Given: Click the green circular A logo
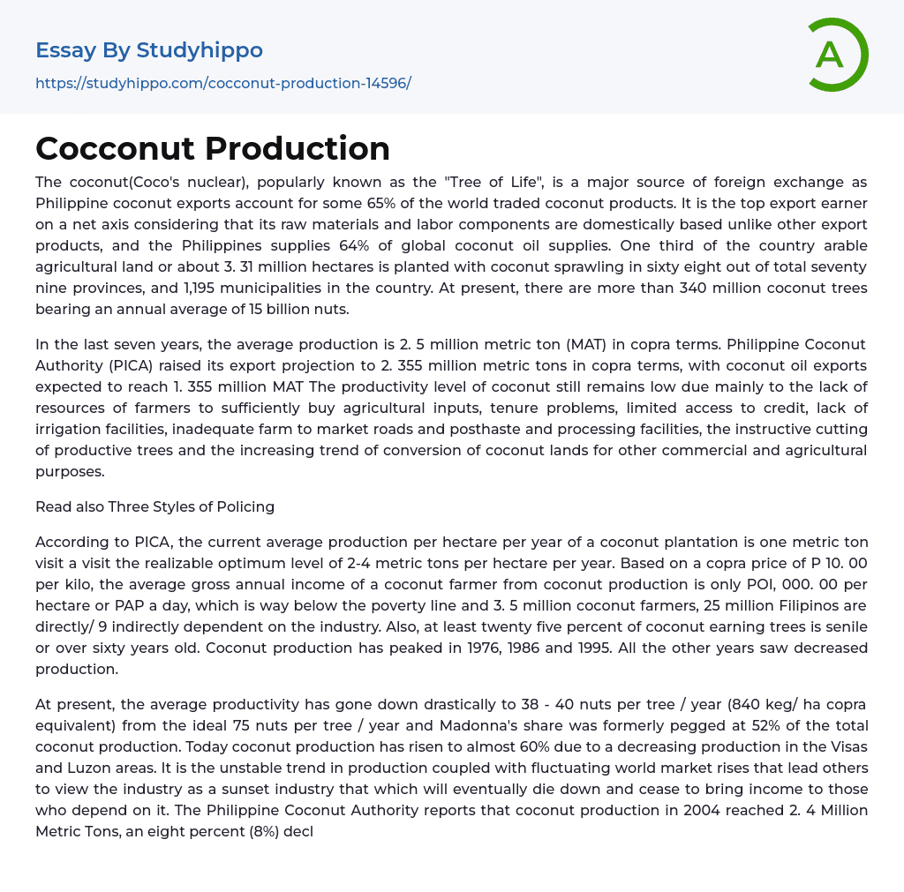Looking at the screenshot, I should click(835, 55).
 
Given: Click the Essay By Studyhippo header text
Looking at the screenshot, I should click(149, 50).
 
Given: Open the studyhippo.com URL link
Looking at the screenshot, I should click(223, 83).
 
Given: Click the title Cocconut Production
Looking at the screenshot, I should click(213, 148).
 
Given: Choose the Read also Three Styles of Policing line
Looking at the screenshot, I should click(154, 506).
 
